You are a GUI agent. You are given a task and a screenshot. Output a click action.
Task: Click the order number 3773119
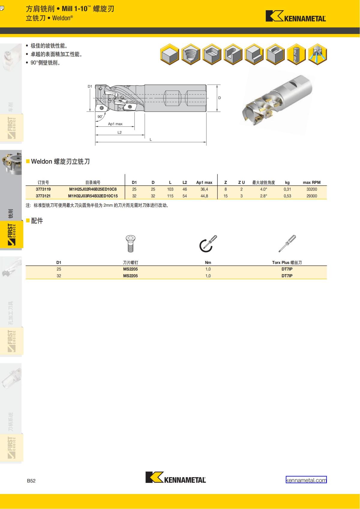point(43,189)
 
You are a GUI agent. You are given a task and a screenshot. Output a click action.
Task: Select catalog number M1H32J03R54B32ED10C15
point(93,196)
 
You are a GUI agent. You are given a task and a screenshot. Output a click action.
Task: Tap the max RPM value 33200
point(312,189)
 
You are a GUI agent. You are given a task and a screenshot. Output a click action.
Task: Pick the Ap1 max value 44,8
point(204,196)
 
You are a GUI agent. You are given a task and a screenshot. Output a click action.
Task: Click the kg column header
point(287,182)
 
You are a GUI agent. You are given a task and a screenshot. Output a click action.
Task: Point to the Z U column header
point(241,182)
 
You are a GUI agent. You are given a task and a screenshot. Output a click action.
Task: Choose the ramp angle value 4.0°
point(263,189)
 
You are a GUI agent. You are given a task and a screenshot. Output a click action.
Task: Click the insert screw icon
point(130,243)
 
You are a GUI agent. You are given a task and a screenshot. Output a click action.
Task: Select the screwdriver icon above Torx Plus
point(287,243)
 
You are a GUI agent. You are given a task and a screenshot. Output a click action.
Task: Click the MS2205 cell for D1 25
point(130,269)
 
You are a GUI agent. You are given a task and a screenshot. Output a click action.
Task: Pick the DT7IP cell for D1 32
point(287,276)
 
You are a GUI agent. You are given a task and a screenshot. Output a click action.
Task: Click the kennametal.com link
point(306,480)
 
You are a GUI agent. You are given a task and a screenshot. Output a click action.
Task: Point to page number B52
point(31,481)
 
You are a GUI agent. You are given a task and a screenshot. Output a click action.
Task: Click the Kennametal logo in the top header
point(295,16)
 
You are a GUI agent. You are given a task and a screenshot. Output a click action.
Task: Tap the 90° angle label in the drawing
point(100,116)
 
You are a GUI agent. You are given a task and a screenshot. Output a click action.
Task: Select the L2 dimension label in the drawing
point(119,132)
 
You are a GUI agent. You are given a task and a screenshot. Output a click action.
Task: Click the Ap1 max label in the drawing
point(115,124)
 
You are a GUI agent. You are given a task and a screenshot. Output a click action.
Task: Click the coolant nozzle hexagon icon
point(317,54)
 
